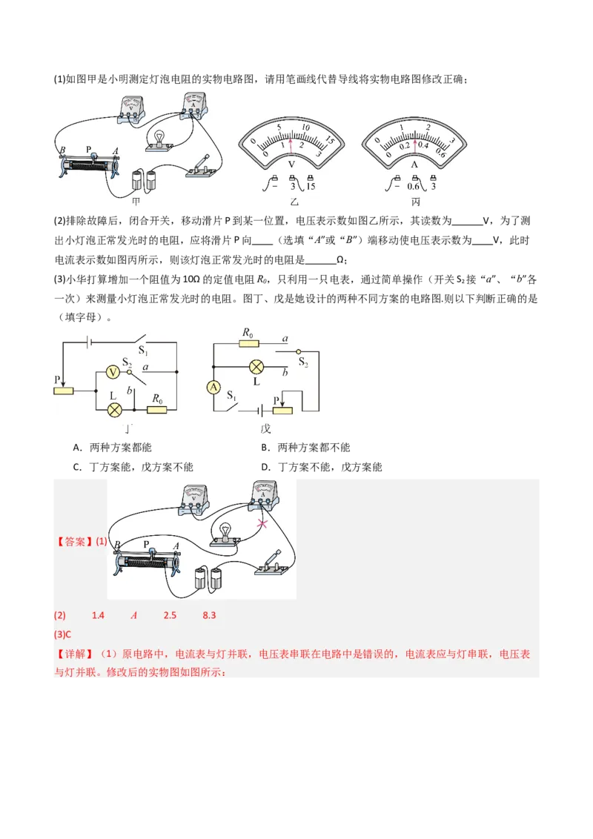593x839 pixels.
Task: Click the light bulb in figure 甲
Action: pyautogui.click(x=159, y=139)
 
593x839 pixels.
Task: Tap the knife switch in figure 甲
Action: pyautogui.click(x=202, y=167)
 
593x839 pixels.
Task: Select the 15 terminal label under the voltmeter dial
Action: pyautogui.click(x=310, y=186)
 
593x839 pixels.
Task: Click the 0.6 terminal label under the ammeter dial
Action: pyautogui.click(x=413, y=186)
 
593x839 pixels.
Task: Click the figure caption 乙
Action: pyautogui.click(x=290, y=202)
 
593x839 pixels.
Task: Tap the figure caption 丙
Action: pyautogui.click(x=414, y=202)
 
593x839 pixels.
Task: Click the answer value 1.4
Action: pyautogui.click(x=98, y=616)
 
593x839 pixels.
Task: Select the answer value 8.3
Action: pyautogui.click(x=209, y=616)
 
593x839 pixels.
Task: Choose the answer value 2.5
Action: pyautogui.click(x=170, y=616)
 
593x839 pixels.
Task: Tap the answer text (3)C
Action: pyautogui.click(x=63, y=634)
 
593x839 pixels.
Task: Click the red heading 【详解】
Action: pyautogui.click(x=74, y=655)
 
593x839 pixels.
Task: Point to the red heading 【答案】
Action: pyautogui.click(x=74, y=542)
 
